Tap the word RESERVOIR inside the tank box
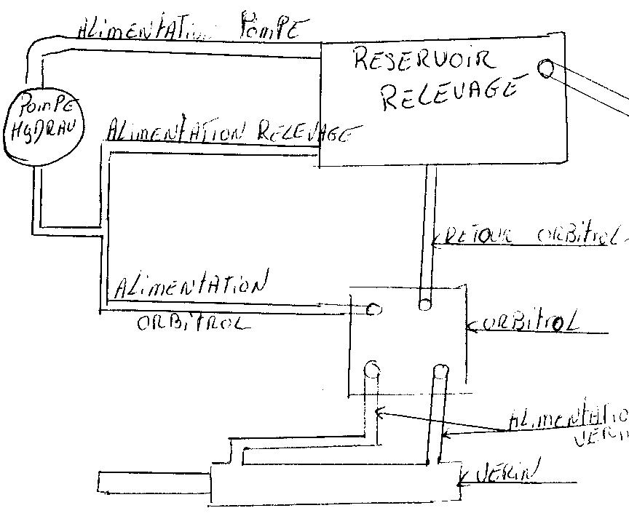pos(424,60)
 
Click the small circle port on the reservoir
pos(545,69)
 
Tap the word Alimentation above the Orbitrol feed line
pos(191,286)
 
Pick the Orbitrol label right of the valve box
pos(531,324)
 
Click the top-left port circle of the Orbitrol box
pos(373,309)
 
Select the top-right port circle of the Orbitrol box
pos(424,302)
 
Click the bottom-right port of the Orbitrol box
pos(439,372)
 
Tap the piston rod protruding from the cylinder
pos(153,481)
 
